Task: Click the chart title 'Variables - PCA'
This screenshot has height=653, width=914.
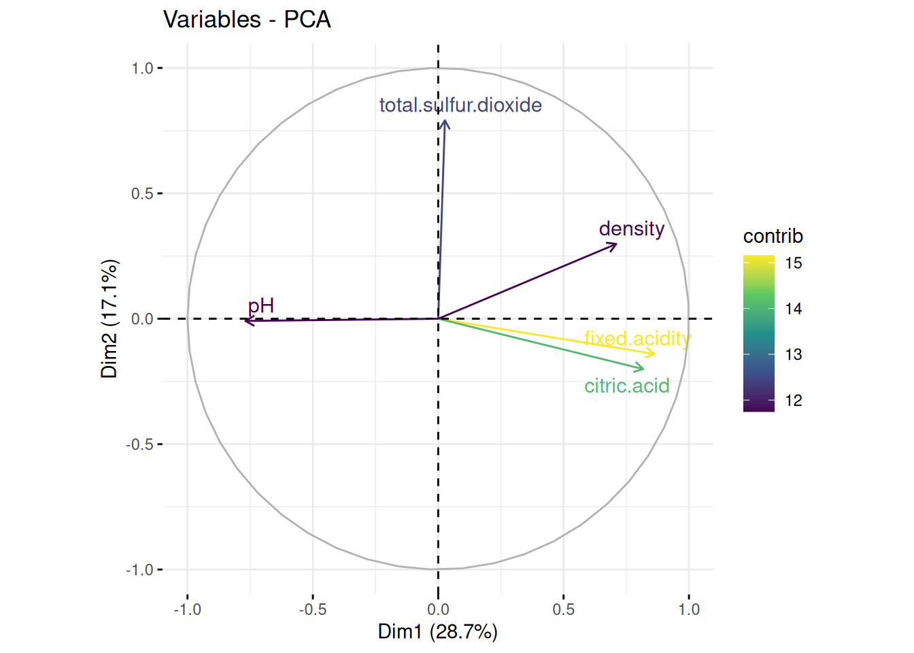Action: click(x=247, y=20)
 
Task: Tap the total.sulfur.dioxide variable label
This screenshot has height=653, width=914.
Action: click(x=460, y=105)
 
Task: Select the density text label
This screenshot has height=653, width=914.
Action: click(x=631, y=229)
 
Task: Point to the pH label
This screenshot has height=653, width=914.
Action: click(x=260, y=306)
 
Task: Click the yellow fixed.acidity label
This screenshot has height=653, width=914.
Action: click(x=637, y=338)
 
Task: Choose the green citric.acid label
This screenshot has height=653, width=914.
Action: click(x=626, y=386)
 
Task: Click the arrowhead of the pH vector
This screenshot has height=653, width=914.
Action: click(x=246, y=320)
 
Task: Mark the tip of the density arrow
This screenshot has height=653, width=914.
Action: click(x=616, y=244)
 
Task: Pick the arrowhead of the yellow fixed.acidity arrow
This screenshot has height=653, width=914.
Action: click(x=654, y=353)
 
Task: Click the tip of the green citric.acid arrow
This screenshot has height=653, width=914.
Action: click(x=643, y=369)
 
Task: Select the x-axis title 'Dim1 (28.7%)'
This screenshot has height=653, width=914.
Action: click(x=437, y=632)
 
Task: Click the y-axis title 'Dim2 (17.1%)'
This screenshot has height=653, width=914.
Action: click(x=109, y=318)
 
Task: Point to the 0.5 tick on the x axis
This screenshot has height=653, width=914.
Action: click(x=563, y=609)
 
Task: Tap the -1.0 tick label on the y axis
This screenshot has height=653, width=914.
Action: click(x=139, y=570)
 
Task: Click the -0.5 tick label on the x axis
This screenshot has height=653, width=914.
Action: click(x=312, y=609)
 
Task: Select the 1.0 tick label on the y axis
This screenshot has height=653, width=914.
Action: click(x=142, y=68)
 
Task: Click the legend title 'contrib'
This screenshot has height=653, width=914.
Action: click(x=773, y=237)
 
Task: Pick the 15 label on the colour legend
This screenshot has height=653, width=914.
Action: click(x=794, y=263)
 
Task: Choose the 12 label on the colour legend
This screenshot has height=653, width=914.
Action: click(x=794, y=401)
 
